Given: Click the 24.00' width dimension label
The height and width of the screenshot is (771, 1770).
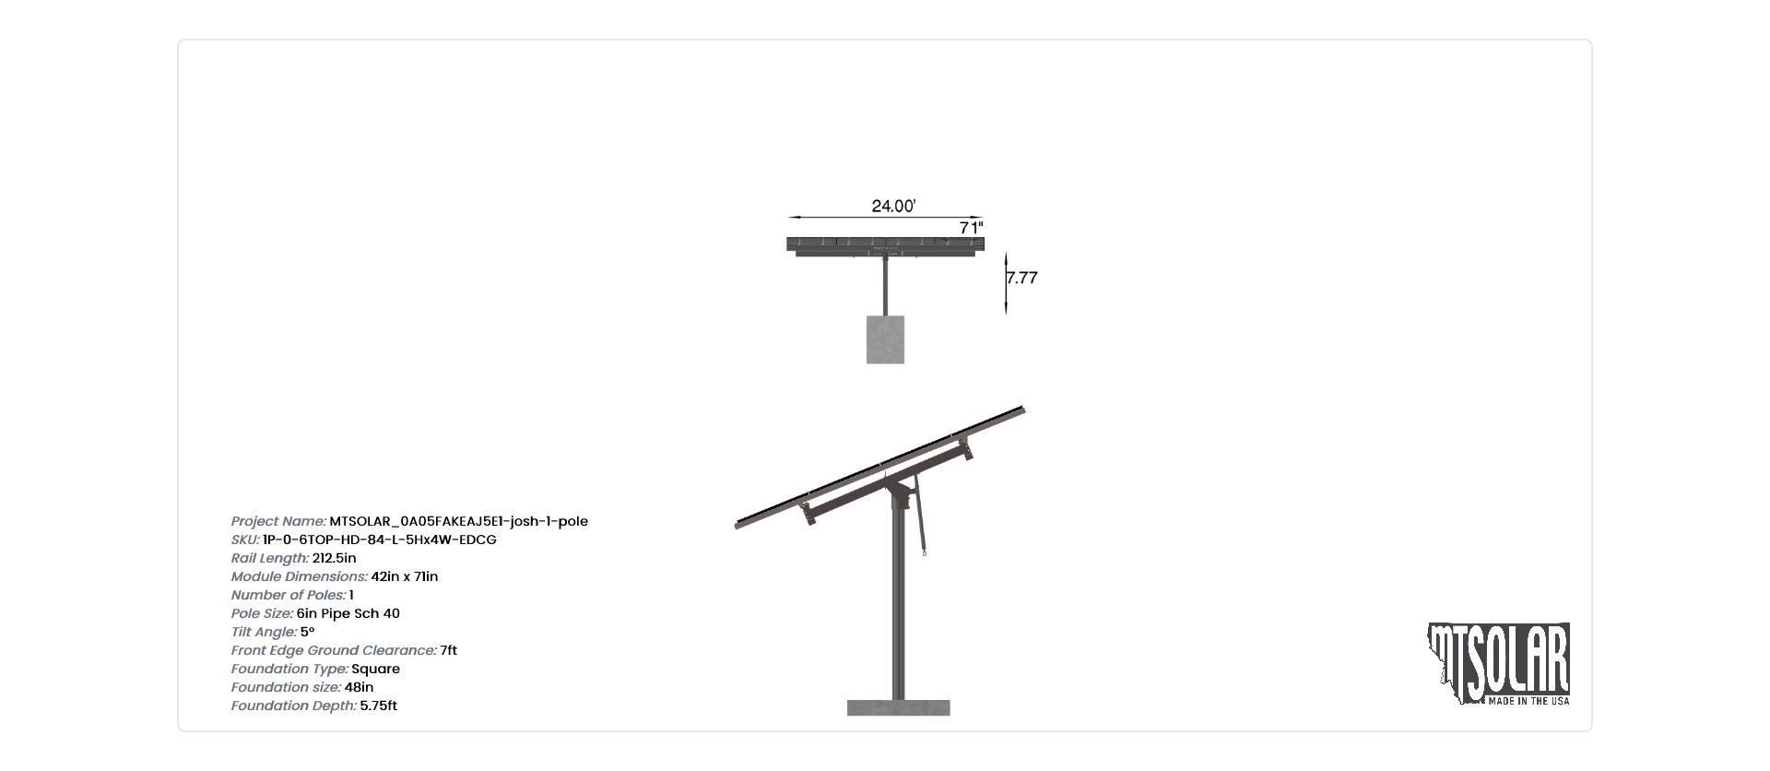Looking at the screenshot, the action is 893,206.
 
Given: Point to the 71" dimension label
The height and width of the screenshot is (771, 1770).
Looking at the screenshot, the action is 972,227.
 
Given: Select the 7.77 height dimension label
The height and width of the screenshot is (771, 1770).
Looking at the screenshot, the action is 1022,278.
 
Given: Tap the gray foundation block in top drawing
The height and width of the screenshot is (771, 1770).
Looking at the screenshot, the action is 885,339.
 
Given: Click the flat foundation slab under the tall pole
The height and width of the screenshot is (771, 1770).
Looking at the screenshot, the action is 899,707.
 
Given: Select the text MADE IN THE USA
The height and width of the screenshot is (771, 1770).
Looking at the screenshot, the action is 1529,702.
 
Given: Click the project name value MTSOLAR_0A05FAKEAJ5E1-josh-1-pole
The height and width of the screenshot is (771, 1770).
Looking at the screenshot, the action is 458,521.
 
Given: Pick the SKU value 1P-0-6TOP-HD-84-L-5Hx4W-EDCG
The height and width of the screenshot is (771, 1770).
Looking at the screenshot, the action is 380,540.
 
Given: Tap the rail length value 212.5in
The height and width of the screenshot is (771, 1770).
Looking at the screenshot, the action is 335,558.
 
